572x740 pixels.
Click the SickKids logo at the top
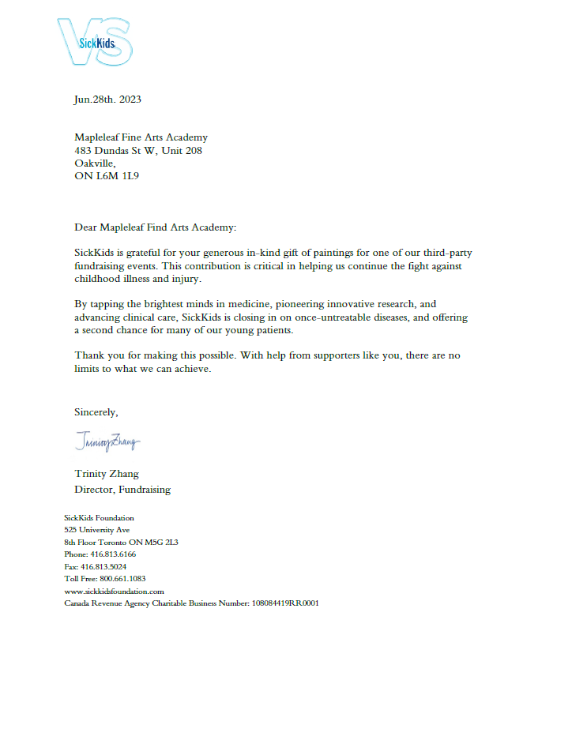click(95, 41)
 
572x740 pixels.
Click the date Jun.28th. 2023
click(108, 100)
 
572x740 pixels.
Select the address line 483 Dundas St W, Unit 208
click(138, 150)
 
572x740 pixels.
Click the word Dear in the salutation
click(85, 227)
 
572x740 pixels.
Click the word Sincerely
click(96, 411)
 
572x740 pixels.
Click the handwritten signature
click(107, 441)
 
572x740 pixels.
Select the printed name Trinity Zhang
click(106, 474)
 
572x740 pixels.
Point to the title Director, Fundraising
click(122, 489)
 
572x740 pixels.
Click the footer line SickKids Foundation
click(99, 518)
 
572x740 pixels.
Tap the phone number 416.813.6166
click(113, 554)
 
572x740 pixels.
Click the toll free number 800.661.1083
click(122, 578)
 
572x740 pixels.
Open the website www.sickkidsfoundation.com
click(114, 591)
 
